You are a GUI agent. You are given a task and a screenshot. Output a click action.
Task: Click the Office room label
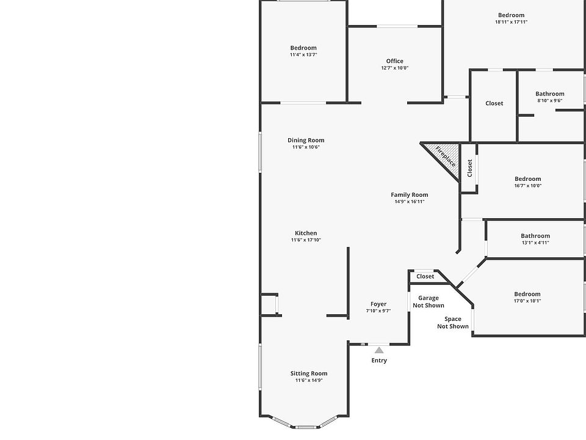pos(395,61)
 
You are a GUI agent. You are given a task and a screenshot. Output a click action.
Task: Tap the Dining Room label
pos(306,141)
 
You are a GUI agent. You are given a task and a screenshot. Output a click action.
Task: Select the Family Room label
pos(410,195)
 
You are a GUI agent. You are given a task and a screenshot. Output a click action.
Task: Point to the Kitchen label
pos(306,233)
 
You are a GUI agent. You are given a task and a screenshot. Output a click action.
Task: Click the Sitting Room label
pos(309,373)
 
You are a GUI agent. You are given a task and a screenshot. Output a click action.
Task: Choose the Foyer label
pos(378,304)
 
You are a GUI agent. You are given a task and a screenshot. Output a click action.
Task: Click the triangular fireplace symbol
pos(443,155)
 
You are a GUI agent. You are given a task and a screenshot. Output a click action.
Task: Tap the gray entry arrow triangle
pos(379,350)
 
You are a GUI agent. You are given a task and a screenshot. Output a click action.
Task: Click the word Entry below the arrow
pos(379,361)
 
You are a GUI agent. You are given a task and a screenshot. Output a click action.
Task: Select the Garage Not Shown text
pos(429,302)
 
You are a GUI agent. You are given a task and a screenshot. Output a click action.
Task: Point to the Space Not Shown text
pos(453,323)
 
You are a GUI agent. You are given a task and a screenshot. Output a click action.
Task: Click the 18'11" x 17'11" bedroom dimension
pos(511,22)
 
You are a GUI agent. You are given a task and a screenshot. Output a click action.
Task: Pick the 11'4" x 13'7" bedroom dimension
pos(303,55)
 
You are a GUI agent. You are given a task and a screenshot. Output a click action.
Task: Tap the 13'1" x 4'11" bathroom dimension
pos(535,243)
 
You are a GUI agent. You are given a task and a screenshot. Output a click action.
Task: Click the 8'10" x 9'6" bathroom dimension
pos(549,101)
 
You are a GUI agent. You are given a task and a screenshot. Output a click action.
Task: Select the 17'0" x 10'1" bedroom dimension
pos(527,301)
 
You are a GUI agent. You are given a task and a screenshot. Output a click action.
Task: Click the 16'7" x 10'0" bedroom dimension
pos(527,186)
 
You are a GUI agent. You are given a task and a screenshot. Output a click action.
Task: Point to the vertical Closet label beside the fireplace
pos(469,167)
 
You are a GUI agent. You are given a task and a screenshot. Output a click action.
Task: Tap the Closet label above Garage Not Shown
pos(425,277)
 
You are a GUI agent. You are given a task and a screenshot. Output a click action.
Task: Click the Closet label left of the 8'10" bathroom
pos(494,103)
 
